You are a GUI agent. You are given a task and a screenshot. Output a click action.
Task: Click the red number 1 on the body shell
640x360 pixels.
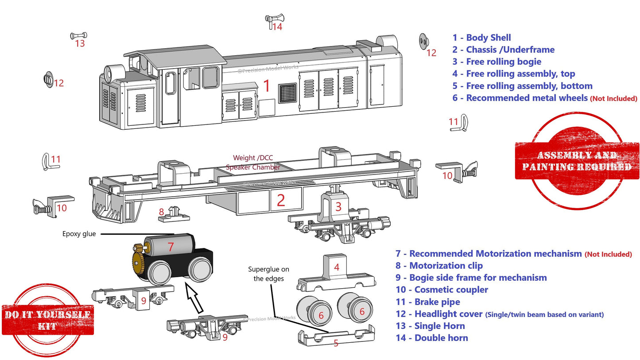tap(267, 86)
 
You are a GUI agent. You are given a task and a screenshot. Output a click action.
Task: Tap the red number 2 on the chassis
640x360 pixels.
tap(280, 201)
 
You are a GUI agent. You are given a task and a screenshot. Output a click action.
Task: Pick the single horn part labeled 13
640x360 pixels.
tap(79, 35)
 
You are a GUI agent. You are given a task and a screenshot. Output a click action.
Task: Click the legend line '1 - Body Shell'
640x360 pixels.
tap(481, 38)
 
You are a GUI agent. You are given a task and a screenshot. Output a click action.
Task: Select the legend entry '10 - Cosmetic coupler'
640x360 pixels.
tap(442, 290)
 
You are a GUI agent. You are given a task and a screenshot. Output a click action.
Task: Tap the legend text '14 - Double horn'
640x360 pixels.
tap(432, 338)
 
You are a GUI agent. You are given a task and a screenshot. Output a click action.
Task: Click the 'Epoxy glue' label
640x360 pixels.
tap(79, 234)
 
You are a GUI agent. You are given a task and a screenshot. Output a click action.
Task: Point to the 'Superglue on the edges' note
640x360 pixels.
tap(268, 274)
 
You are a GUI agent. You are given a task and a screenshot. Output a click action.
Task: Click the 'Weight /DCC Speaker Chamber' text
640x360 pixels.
tap(252, 163)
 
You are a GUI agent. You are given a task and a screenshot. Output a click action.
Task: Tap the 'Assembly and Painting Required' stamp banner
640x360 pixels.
tap(577, 161)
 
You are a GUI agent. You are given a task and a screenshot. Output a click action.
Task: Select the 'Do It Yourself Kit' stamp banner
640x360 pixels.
tap(48, 320)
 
